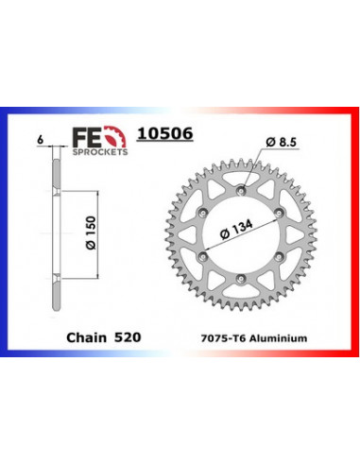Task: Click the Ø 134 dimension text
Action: coord(237,231)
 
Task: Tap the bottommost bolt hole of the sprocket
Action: coord(244,280)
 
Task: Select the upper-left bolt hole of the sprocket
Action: coord(206,213)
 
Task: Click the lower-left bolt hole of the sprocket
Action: coord(206,257)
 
